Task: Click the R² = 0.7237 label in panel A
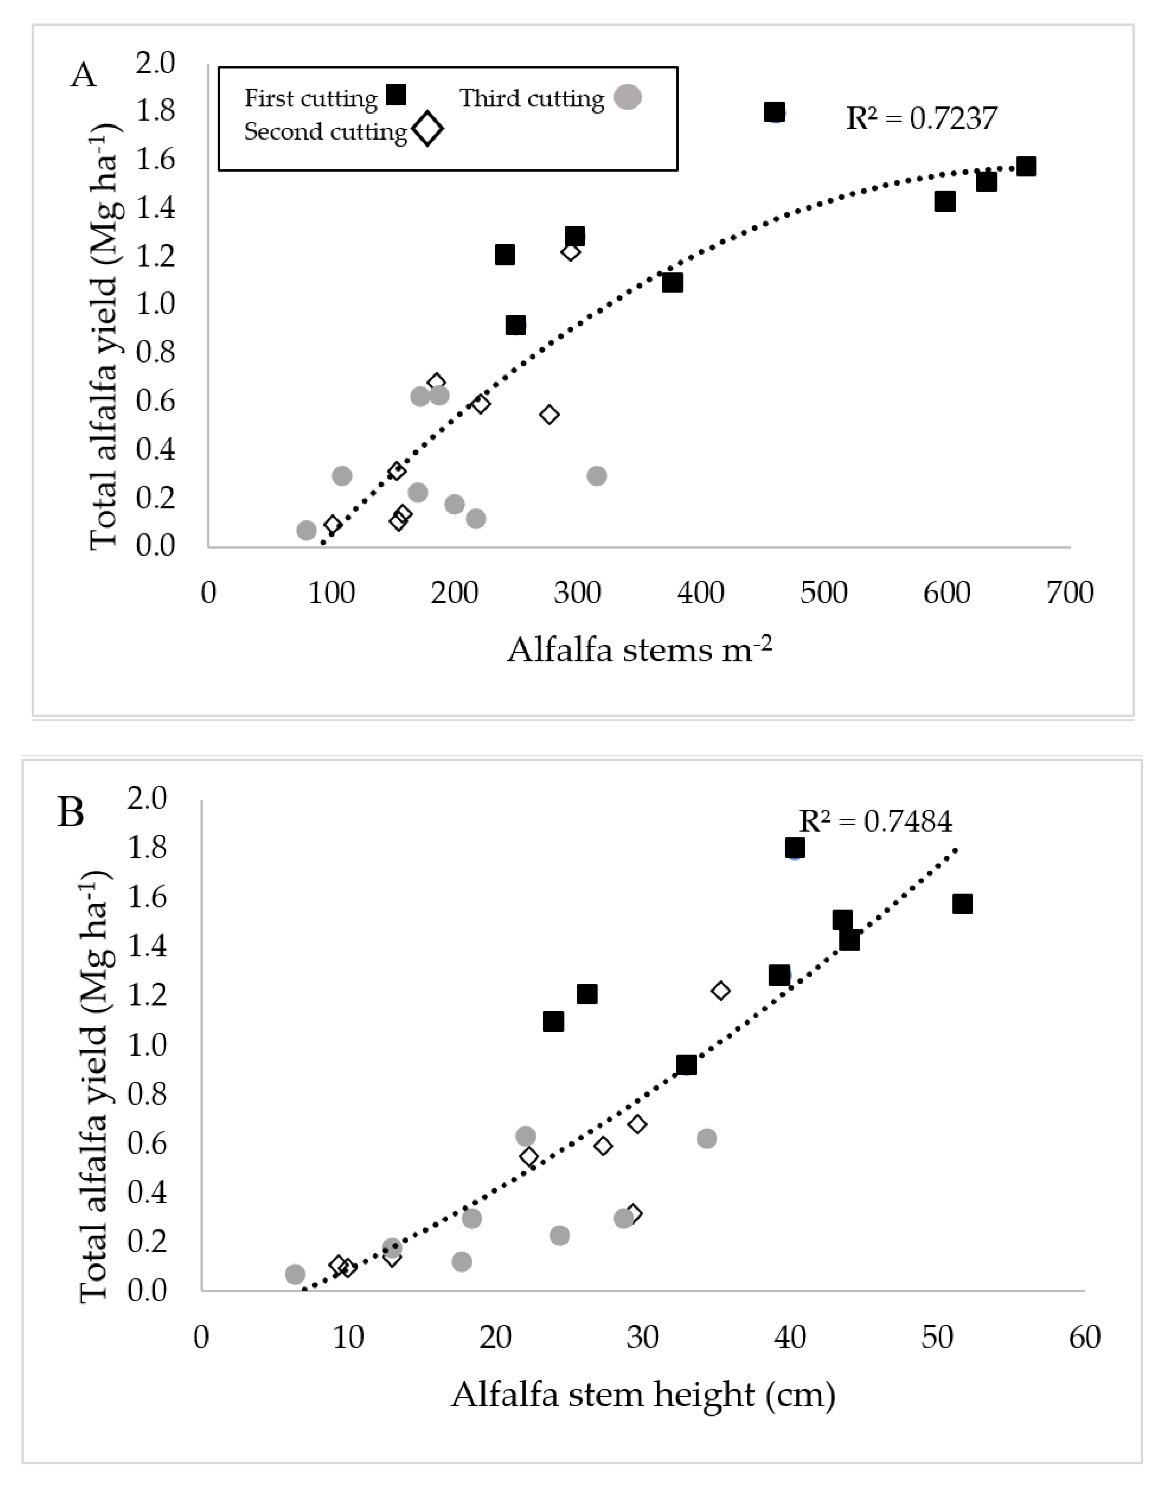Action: pyautogui.click(x=921, y=118)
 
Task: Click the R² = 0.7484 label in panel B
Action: pyautogui.click(x=875, y=821)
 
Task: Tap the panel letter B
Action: pyautogui.click(x=71, y=813)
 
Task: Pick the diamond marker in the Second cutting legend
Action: pyautogui.click(x=428, y=129)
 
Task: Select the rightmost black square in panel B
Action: pyautogui.click(x=962, y=904)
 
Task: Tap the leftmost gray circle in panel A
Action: pyautogui.click(x=306, y=530)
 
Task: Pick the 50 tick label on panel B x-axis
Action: pyautogui.click(x=937, y=1337)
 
